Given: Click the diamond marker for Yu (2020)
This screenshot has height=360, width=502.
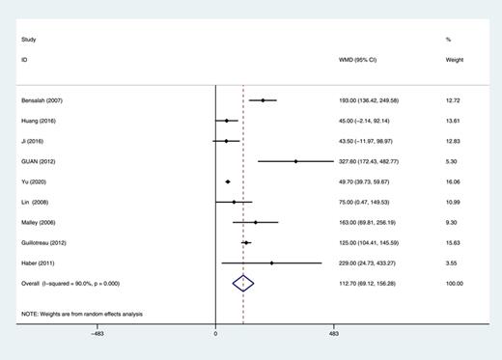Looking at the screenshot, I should point(228,181).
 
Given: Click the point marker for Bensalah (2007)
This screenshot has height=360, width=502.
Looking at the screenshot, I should point(263,100).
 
